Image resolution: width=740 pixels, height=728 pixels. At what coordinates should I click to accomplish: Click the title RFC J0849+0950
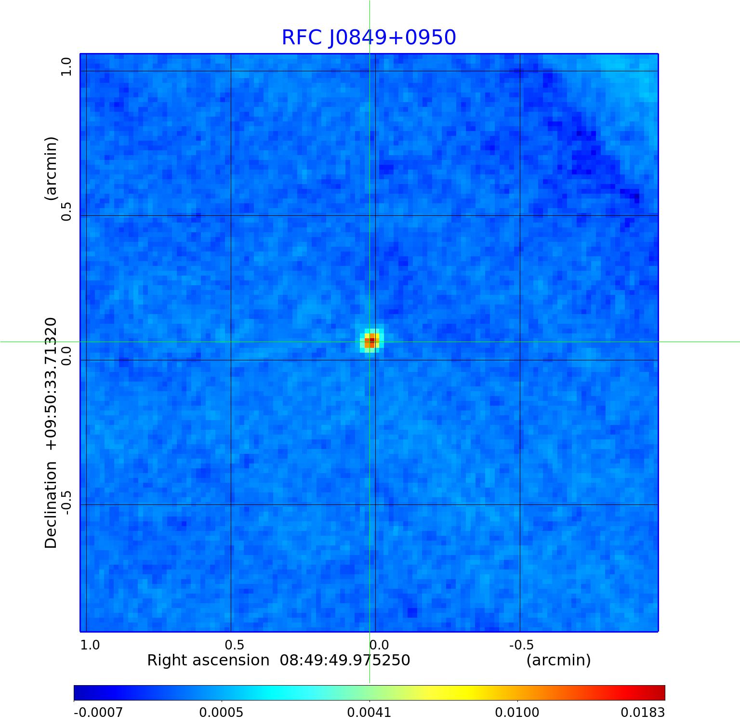point(369,38)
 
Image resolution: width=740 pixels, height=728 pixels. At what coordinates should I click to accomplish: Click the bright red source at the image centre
point(370,341)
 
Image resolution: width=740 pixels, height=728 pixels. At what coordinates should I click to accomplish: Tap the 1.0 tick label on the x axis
point(90,645)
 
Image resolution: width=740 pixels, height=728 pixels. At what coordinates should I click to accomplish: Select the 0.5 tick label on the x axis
point(235,645)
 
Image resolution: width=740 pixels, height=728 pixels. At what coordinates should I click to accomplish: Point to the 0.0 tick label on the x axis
point(379,645)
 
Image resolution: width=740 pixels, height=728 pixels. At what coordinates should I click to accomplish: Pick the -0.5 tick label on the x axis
point(521,645)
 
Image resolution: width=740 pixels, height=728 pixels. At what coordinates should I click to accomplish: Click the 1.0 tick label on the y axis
point(66,66)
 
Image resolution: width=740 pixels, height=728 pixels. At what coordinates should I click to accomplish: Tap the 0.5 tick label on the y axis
point(66,211)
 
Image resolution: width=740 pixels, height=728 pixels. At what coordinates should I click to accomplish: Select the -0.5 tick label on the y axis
point(66,503)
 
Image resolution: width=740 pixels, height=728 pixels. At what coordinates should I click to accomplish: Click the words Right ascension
point(208,660)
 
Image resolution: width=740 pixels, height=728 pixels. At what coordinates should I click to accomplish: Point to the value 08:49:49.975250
point(345,660)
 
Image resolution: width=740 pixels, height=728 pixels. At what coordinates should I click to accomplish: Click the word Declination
point(51,505)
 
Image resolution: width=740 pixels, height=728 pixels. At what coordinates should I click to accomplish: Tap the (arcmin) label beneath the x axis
point(558,660)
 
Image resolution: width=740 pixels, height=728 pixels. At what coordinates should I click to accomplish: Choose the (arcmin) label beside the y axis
point(51,168)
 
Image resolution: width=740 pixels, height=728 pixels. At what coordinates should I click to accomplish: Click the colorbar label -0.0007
point(98,712)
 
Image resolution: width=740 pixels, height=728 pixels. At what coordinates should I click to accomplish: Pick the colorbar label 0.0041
point(369,712)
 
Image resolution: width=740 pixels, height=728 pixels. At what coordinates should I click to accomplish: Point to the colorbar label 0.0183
point(643,712)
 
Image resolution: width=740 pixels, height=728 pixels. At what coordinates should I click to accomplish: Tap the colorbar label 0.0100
point(517,712)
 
